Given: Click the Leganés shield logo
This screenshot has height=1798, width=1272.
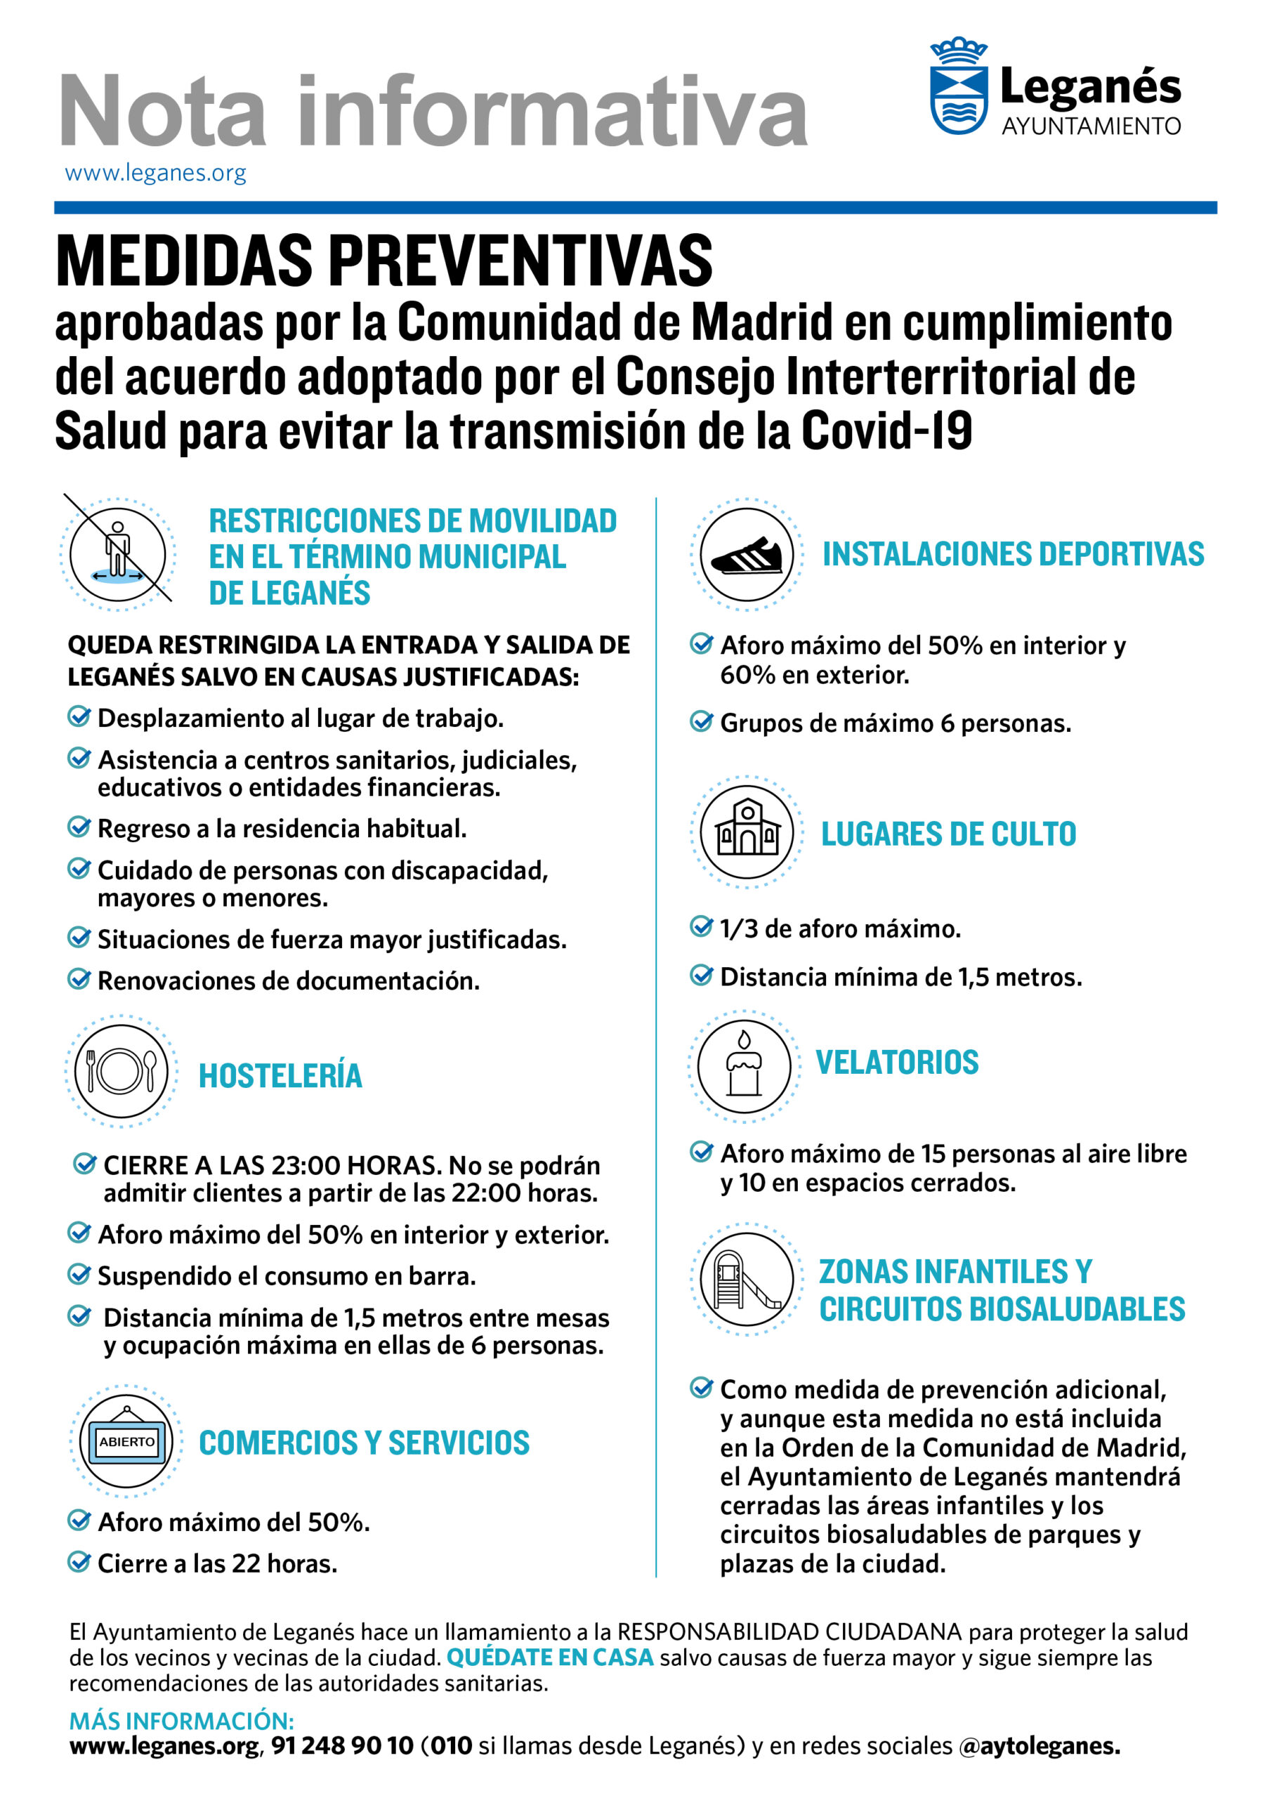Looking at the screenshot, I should (958, 88).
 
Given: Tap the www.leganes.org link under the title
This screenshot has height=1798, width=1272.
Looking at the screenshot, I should (155, 173).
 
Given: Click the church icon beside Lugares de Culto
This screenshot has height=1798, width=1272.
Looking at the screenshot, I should (747, 832).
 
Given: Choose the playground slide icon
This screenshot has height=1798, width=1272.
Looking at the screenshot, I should (747, 1280).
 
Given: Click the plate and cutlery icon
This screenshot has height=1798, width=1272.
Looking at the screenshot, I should (122, 1070).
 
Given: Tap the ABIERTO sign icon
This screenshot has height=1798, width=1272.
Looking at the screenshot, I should (126, 1442).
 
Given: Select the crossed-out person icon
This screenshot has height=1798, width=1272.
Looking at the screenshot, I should (117, 553).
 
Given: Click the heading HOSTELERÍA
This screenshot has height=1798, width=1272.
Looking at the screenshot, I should (280, 1076).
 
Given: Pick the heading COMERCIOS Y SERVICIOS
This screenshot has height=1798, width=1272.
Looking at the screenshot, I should (365, 1443).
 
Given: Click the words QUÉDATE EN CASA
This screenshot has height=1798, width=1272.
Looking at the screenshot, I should (550, 1658).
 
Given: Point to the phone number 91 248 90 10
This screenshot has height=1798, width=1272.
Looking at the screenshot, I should (342, 1745).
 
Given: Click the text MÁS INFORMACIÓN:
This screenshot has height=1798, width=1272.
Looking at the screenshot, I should (182, 1721).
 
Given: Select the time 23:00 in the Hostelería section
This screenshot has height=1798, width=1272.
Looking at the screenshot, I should (306, 1166).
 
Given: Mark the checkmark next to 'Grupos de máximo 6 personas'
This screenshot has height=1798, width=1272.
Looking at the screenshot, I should (701, 721).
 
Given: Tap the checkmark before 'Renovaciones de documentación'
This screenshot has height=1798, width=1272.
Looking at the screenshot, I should (79, 979).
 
